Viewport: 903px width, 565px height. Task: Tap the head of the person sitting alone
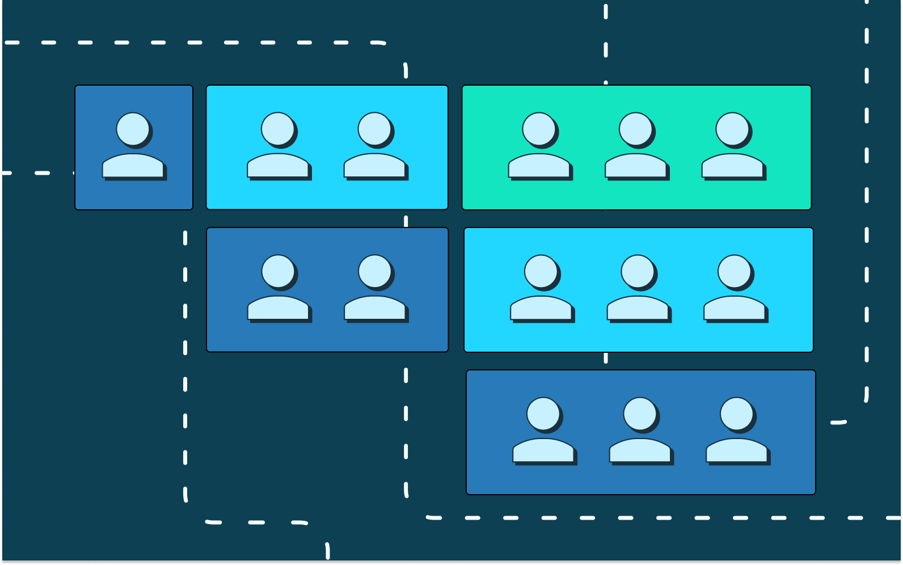133,129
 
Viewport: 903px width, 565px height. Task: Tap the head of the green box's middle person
636,129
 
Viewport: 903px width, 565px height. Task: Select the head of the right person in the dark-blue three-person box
737,414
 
